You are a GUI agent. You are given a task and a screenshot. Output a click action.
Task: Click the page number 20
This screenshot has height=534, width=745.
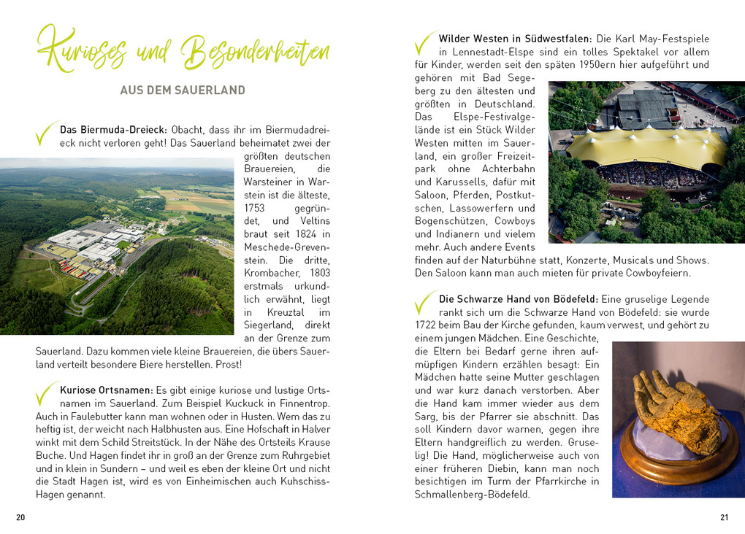(x=20, y=517)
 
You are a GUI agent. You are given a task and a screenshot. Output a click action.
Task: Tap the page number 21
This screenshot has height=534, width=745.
(x=724, y=517)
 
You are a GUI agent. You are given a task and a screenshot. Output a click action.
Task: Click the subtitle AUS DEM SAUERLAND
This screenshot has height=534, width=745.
(x=183, y=90)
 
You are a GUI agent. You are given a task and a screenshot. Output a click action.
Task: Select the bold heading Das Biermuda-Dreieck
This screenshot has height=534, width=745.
(x=114, y=129)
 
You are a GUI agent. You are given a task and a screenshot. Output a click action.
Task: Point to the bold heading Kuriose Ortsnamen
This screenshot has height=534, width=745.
(x=106, y=390)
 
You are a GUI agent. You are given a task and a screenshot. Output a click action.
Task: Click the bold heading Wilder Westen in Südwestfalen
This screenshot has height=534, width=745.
(x=516, y=38)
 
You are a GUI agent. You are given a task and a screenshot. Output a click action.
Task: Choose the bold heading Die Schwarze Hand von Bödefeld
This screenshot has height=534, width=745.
(x=518, y=298)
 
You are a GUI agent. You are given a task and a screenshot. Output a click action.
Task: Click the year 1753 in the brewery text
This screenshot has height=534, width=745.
(x=254, y=207)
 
